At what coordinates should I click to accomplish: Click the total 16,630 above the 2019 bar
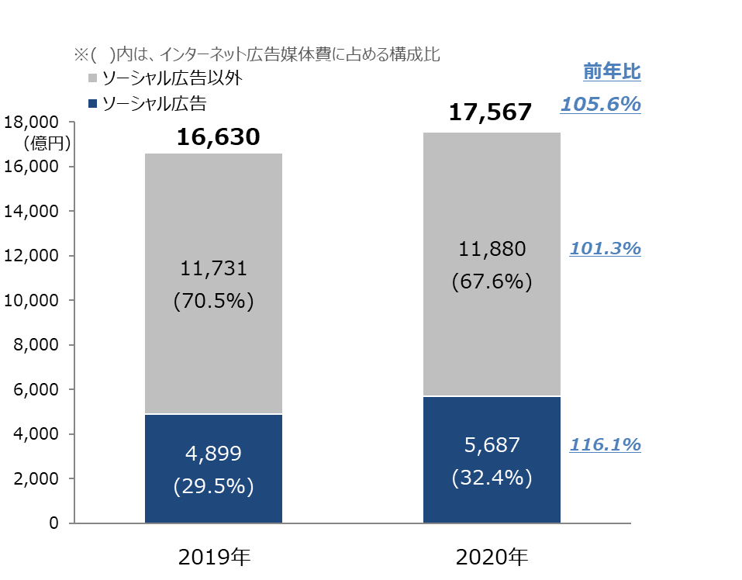pyautogui.click(x=217, y=137)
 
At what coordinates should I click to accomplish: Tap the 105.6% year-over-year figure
pyautogui.click(x=601, y=105)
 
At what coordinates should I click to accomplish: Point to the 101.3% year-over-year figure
pyautogui.click(x=605, y=249)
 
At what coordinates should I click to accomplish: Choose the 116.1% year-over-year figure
pyautogui.click(x=605, y=445)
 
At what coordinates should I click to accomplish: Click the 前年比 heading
pyautogui.click(x=612, y=73)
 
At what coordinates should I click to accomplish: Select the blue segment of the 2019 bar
pyautogui.click(x=213, y=468)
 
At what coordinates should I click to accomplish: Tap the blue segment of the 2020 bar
pyautogui.click(x=492, y=459)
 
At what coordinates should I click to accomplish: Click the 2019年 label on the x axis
pyautogui.click(x=214, y=557)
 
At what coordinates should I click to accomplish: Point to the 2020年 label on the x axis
pyautogui.click(x=492, y=557)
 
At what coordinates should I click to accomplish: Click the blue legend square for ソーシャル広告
pyautogui.click(x=92, y=103)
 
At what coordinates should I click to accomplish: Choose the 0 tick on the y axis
pyautogui.click(x=53, y=523)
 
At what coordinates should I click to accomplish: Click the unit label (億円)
pyautogui.click(x=47, y=143)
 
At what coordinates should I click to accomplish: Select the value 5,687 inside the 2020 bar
pyautogui.click(x=492, y=445)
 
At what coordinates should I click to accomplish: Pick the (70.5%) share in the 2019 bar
pyautogui.click(x=213, y=301)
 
